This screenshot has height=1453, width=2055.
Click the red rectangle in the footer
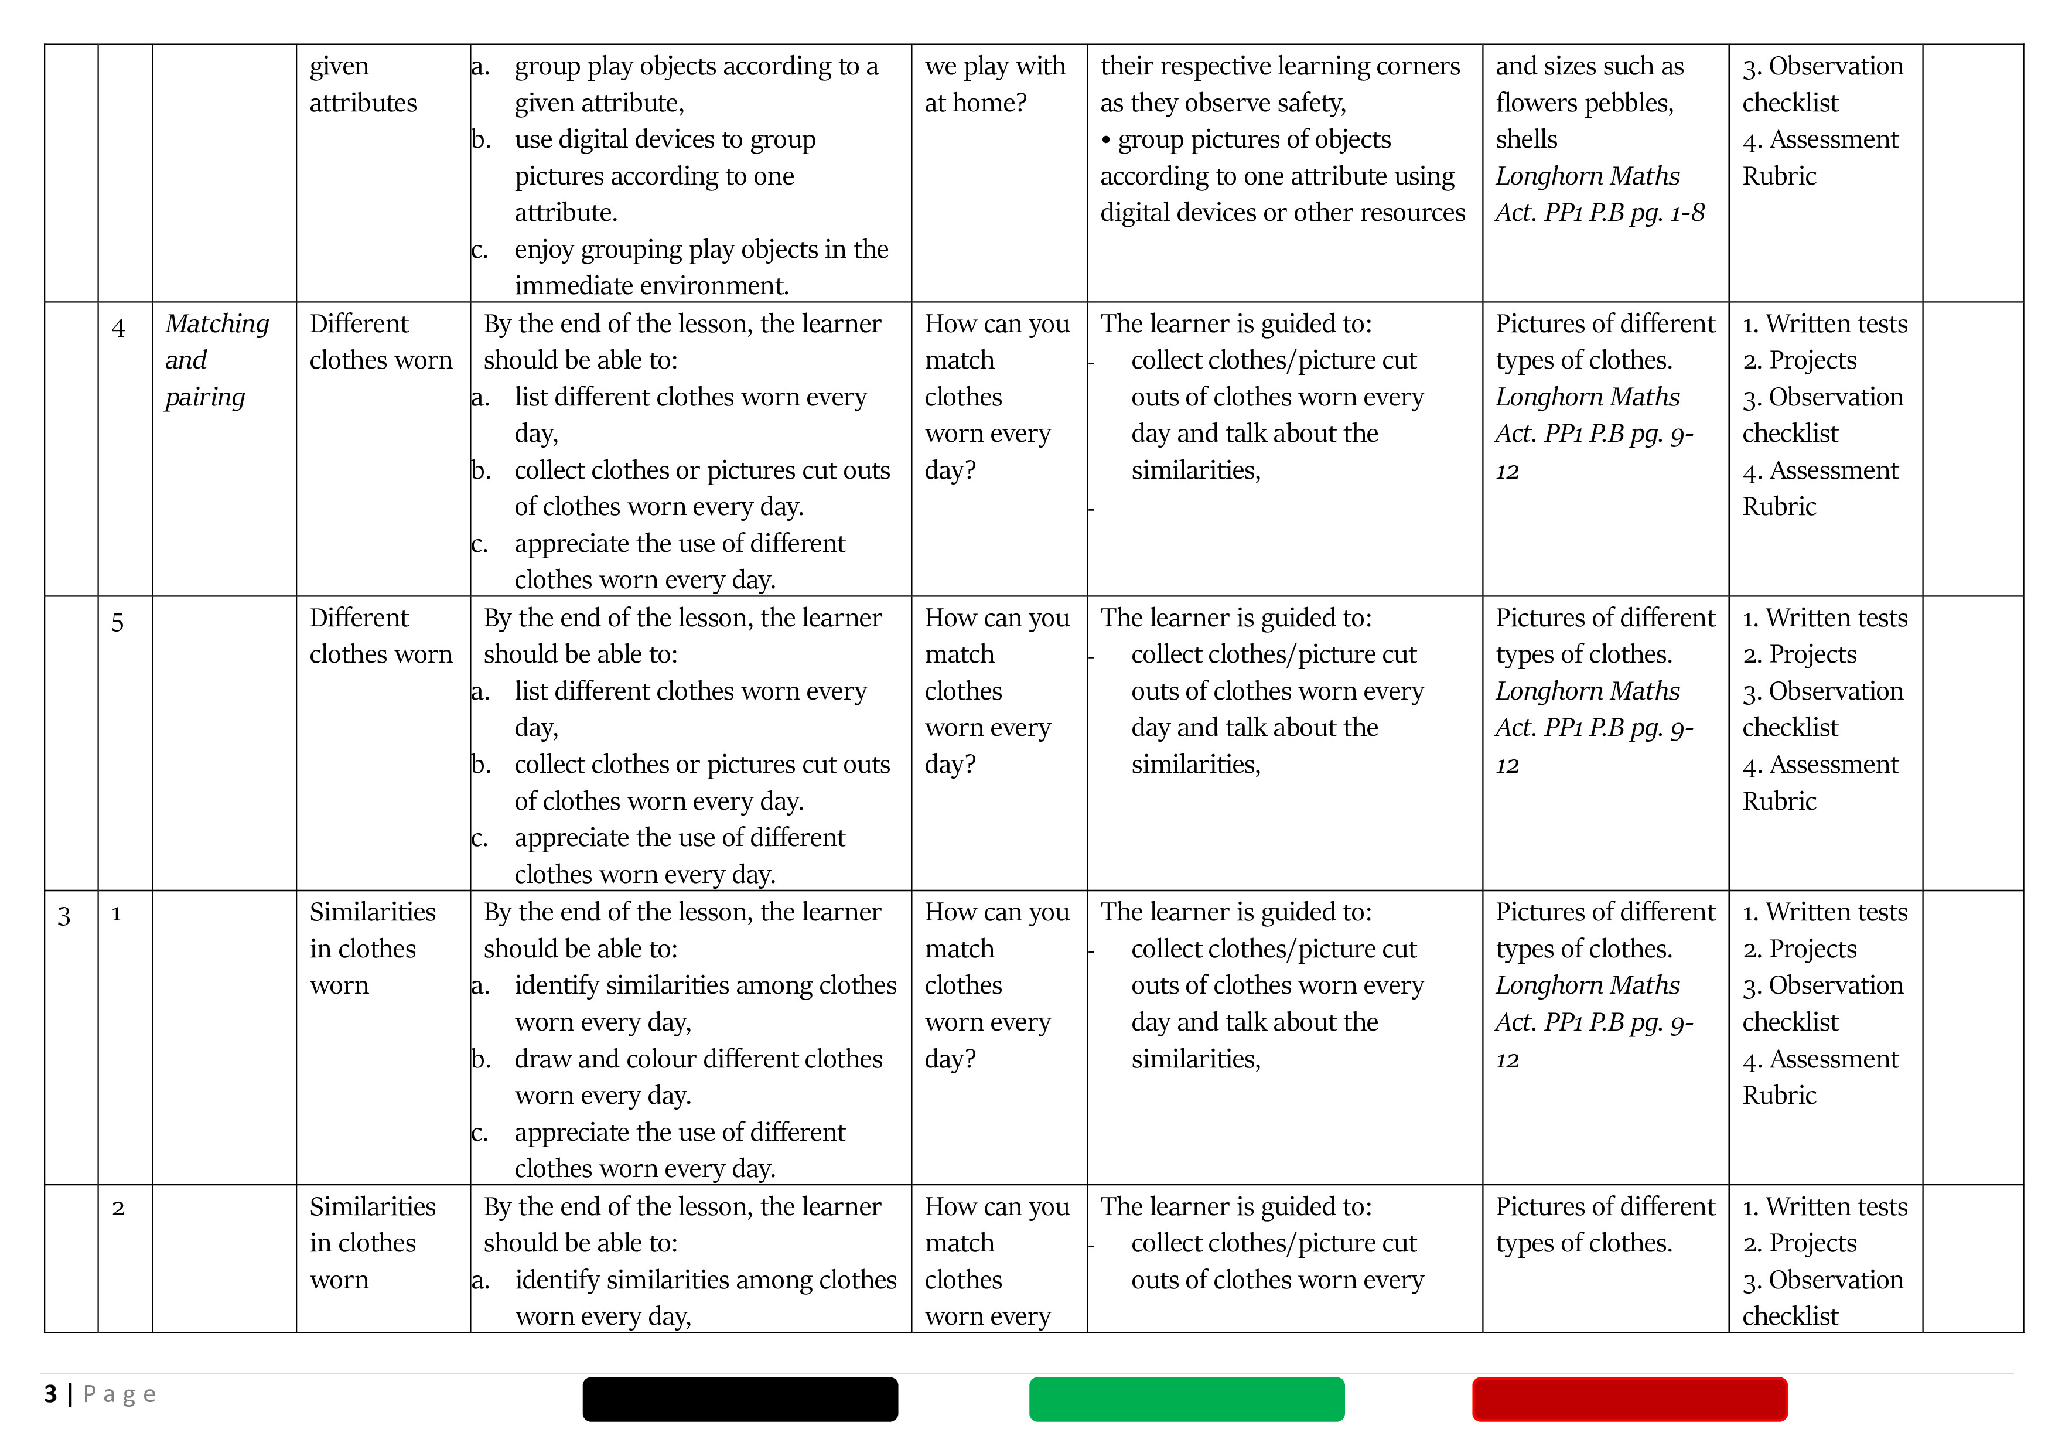point(1629,1399)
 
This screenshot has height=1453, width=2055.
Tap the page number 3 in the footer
point(50,1394)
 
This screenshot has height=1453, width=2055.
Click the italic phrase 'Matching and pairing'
point(217,360)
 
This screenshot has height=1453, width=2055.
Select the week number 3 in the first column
point(63,916)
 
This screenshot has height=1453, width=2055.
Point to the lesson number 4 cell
point(118,328)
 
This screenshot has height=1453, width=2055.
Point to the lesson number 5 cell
point(117,622)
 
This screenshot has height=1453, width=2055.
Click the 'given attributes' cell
point(363,84)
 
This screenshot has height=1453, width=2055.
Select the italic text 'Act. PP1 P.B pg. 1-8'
point(1599,213)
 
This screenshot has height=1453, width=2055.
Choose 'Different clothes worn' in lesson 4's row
point(380,342)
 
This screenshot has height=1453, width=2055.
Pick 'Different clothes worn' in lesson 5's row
point(380,636)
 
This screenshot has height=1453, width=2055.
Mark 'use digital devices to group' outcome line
point(664,139)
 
